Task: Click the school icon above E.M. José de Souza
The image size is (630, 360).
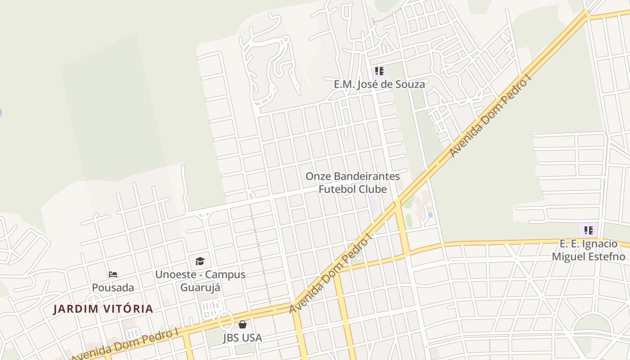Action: click(x=379, y=71)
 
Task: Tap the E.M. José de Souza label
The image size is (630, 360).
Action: click(x=379, y=84)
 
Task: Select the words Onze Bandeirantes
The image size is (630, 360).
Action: click(x=353, y=176)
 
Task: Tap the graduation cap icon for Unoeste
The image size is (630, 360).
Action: click(x=200, y=261)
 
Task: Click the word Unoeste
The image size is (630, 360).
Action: click(x=175, y=274)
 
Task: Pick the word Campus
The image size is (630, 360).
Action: click(x=225, y=274)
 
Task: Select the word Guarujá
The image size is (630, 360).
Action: click(x=200, y=287)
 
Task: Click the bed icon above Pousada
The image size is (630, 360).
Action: click(x=113, y=274)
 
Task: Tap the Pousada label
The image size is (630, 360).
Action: click(x=113, y=287)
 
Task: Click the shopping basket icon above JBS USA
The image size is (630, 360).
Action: click(x=243, y=324)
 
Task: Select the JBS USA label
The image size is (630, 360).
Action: click(x=242, y=337)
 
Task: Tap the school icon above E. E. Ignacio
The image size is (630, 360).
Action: click(x=588, y=230)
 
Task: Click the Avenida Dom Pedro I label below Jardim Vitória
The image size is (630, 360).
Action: click(x=125, y=345)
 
